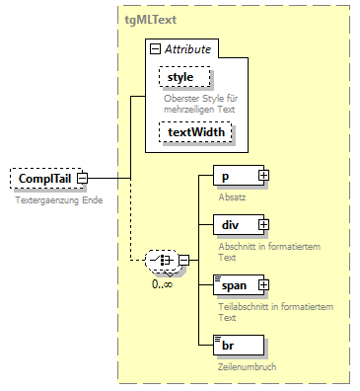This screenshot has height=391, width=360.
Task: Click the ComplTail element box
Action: click(43, 179)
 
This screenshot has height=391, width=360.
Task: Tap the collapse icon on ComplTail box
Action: click(83, 179)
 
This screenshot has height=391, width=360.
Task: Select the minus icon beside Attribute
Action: click(156, 49)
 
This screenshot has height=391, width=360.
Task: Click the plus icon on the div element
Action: click(263, 226)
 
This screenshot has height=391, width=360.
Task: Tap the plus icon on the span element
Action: click(263, 285)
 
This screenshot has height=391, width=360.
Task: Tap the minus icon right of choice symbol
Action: click(183, 261)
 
